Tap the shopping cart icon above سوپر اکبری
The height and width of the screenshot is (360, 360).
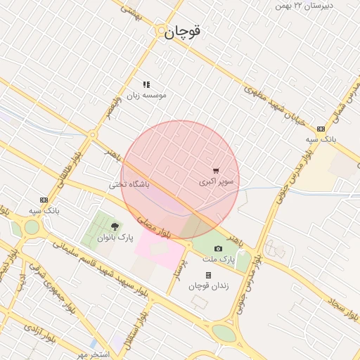click(216, 170)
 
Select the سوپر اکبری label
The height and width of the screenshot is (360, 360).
click(216, 181)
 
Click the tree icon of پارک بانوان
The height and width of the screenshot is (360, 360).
click(115, 226)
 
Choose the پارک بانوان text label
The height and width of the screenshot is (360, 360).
click(115, 238)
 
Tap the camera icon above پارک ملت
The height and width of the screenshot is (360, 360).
click(218, 248)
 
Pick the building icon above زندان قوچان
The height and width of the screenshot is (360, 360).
click(208, 275)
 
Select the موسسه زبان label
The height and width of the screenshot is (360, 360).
click(146, 94)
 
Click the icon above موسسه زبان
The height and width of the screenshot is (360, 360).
click(146, 84)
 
